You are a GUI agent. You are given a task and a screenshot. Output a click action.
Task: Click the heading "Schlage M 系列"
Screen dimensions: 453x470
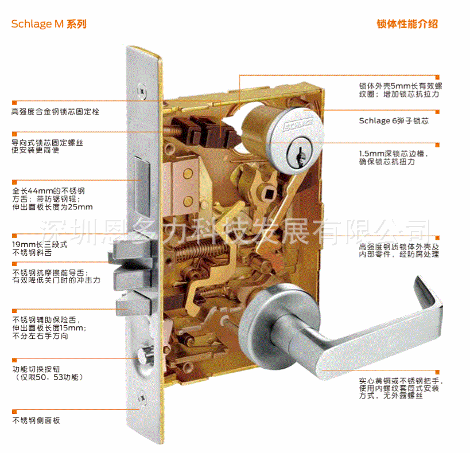coord(48,24)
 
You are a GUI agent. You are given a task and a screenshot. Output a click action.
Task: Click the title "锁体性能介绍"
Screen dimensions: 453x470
coord(407,24)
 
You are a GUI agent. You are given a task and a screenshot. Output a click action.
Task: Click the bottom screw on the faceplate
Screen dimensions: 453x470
coord(141,396)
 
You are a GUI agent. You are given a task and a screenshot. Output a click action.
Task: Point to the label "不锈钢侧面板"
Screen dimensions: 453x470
coord(36,420)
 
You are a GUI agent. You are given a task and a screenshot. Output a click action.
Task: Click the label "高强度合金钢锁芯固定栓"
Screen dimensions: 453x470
coord(55,111)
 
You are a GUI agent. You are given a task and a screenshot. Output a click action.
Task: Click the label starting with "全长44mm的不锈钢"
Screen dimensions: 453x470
coord(52,198)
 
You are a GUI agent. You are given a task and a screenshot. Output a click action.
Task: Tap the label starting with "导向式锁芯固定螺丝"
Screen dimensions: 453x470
coord(47,146)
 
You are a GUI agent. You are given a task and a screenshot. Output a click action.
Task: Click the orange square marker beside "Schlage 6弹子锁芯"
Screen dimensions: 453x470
coord(437,112)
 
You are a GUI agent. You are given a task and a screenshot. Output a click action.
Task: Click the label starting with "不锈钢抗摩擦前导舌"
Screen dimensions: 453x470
coord(56,277)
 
